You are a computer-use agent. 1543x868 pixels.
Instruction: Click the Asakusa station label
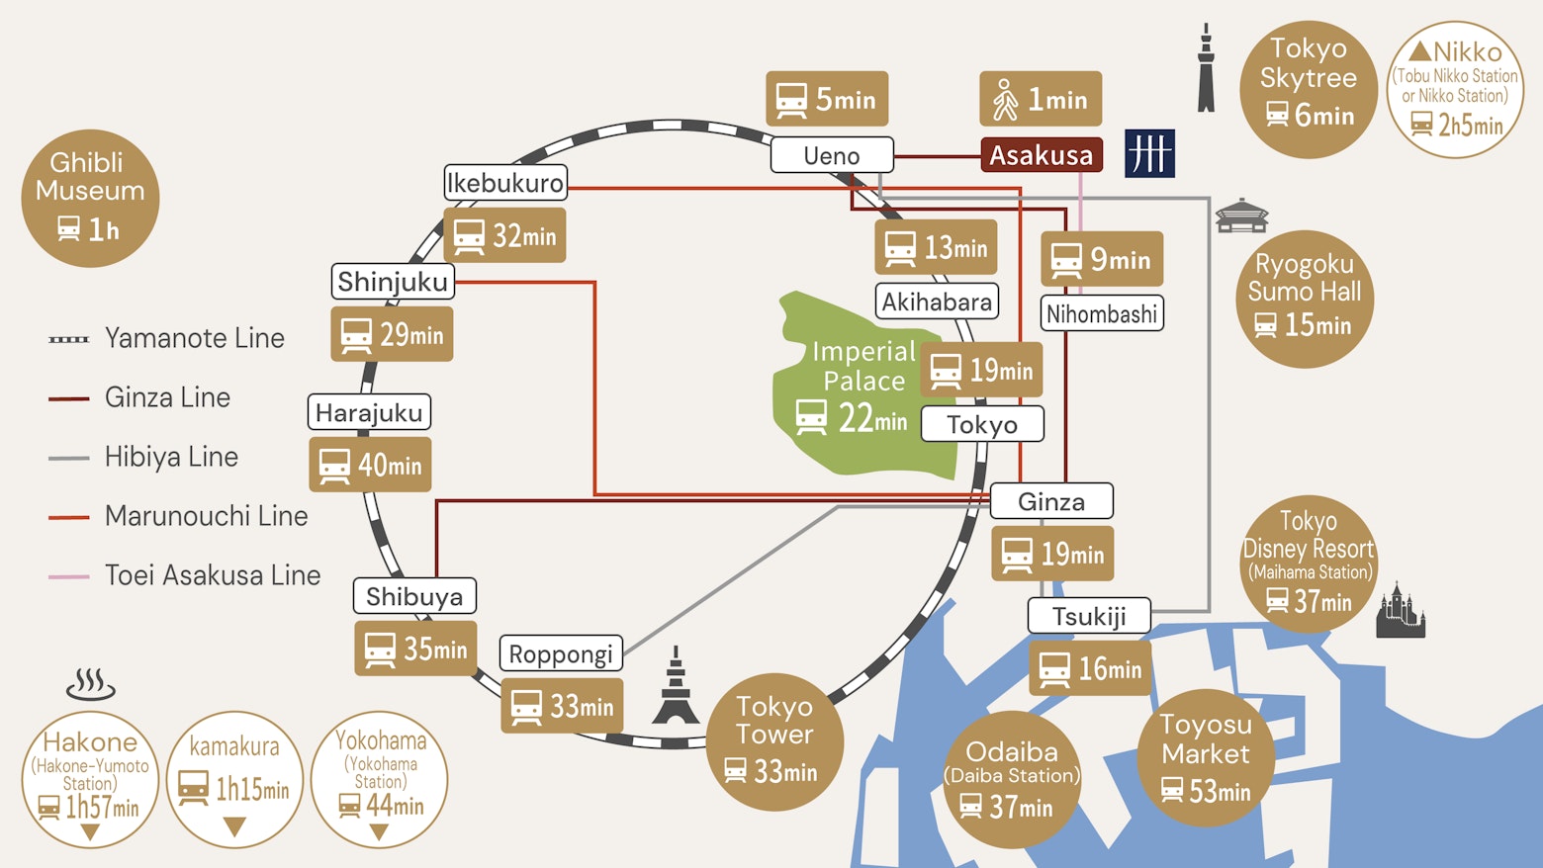tap(1041, 155)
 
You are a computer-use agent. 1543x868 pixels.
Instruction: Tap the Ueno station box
tap(831, 155)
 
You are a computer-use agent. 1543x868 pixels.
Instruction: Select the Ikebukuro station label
tap(504, 183)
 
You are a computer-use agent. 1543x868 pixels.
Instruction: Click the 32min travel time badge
tap(504, 235)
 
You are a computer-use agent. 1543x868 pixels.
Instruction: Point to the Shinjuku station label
tap(393, 282)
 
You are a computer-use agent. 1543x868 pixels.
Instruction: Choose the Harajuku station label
tap(369, 412)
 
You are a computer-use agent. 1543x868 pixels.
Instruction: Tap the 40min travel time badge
tap(370, 465)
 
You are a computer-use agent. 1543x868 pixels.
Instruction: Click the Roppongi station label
tap(561, 653)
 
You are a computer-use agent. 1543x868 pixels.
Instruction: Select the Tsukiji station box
tap(1089, 616)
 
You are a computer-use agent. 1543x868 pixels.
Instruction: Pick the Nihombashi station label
tap(1102, 314)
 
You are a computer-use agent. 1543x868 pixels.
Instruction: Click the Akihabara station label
tap(937, 302)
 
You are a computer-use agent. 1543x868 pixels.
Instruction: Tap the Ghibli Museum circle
tap(90, 198)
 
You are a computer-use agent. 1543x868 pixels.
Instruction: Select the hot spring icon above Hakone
tap(90, 684)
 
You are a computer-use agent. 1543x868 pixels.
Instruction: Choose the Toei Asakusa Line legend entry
tap(185, 575)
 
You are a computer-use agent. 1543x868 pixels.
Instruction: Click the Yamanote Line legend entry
tap(167, 338)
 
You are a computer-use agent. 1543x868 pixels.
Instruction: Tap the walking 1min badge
tap(1041, 99)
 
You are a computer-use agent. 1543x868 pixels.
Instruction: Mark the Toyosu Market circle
tap(1206, 757)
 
